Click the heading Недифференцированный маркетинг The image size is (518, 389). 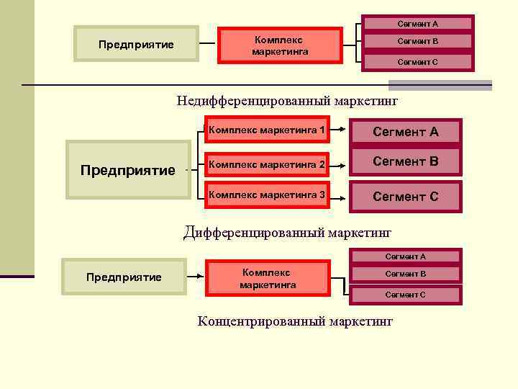(x=287, y=101)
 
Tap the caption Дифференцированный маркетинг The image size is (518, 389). (x=287, y=232)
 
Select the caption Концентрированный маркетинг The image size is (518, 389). (x=295, y=321)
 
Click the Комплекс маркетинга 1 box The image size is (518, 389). (x=267, y=130)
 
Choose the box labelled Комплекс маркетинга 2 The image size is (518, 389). (x=267, y=165)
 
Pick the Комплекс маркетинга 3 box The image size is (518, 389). (x=267, y=195)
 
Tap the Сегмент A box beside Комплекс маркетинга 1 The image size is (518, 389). (x=405, y=132)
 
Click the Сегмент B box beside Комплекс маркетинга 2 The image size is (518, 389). (x=405, y=161)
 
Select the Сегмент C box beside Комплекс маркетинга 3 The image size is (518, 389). (x=405, y=196)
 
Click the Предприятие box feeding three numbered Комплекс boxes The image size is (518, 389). (x=127, y=170)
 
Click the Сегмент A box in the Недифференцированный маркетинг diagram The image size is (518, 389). (x=417, y=24)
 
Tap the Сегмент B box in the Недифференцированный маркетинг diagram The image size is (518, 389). (x=417, y=41)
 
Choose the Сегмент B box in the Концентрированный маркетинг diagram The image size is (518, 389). (x=405, y=274)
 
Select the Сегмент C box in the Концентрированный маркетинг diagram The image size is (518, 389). (x=405, y=294)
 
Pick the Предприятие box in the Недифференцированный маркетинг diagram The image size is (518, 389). (x=137, y=45)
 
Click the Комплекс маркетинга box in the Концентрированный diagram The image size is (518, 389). (x=268, y=279)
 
